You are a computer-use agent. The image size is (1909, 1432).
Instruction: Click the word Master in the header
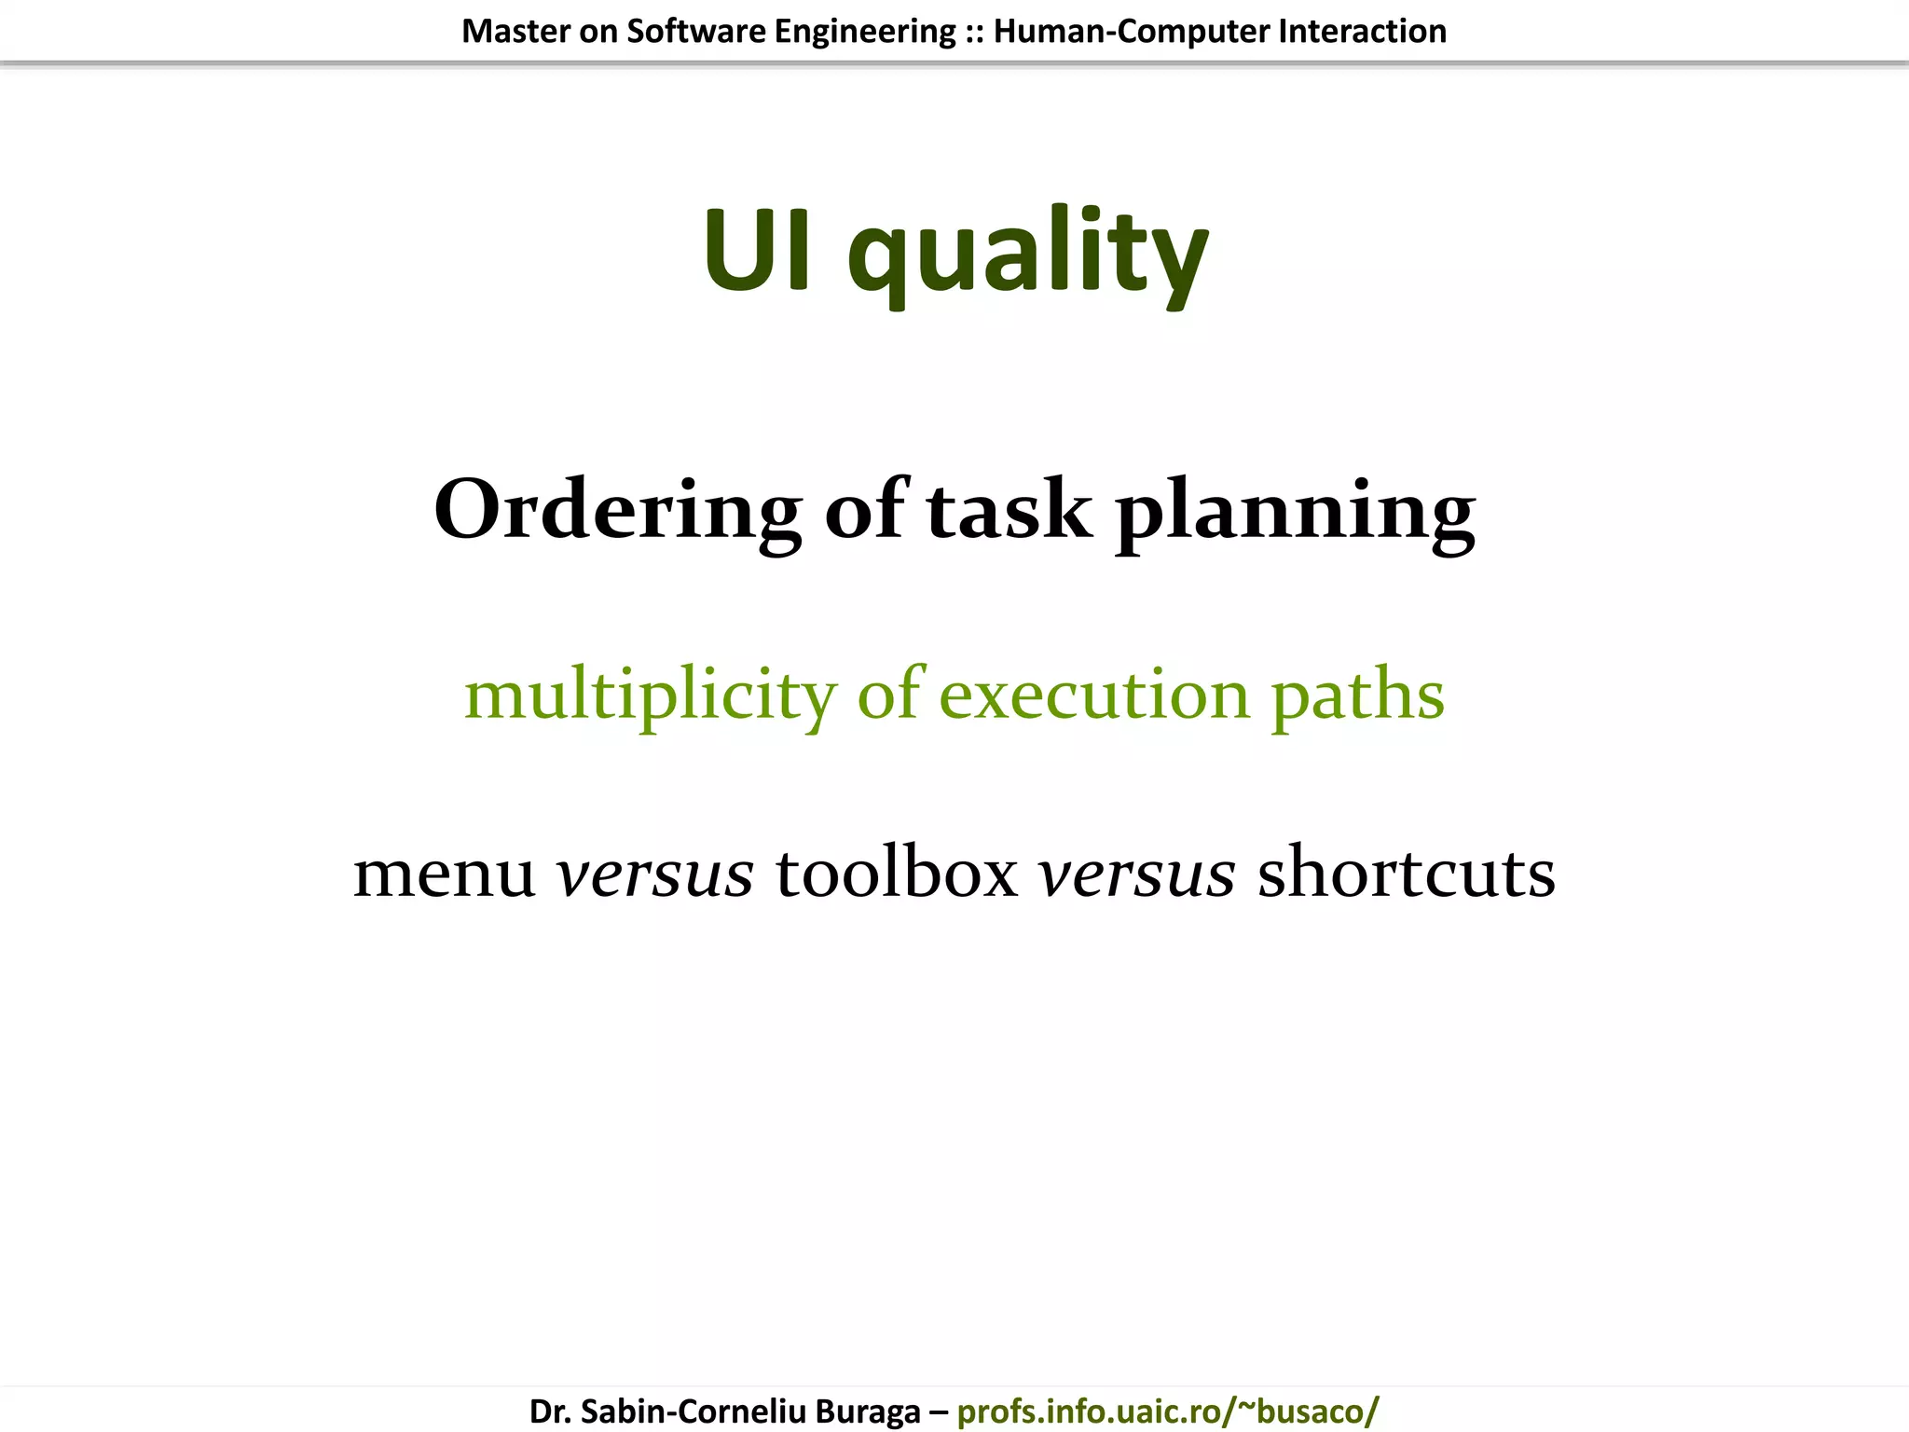[515, 32]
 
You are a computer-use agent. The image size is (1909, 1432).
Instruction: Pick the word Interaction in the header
[1362, 32]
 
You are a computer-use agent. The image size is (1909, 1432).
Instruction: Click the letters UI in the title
[757, 250]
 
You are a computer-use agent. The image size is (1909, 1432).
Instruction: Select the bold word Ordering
[617, 510]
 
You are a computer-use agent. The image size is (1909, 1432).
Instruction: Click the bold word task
[1009, 510]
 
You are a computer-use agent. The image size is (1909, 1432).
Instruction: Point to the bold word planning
[1296, 513]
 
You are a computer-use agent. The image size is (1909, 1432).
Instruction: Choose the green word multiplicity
[651, 695]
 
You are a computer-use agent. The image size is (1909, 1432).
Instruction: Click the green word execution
[1093, 695]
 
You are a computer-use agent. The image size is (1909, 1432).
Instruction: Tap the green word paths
[1358, 697]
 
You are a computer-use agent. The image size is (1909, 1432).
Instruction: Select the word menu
[444, 874]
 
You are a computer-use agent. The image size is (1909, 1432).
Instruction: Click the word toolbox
[897, 873]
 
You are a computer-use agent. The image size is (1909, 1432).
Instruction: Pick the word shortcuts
[1407, 873]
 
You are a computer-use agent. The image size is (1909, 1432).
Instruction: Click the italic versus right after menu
[654, 874]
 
